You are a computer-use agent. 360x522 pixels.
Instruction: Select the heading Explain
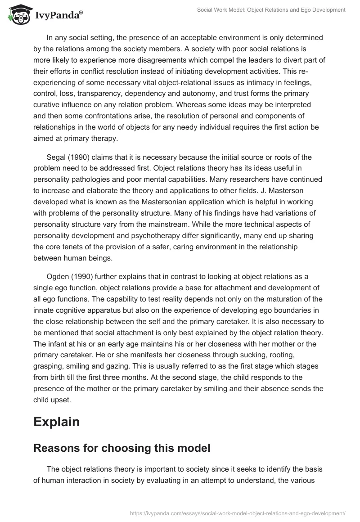(x=56, y=422)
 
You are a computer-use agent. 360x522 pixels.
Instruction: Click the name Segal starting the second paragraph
(x=57, y=157)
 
